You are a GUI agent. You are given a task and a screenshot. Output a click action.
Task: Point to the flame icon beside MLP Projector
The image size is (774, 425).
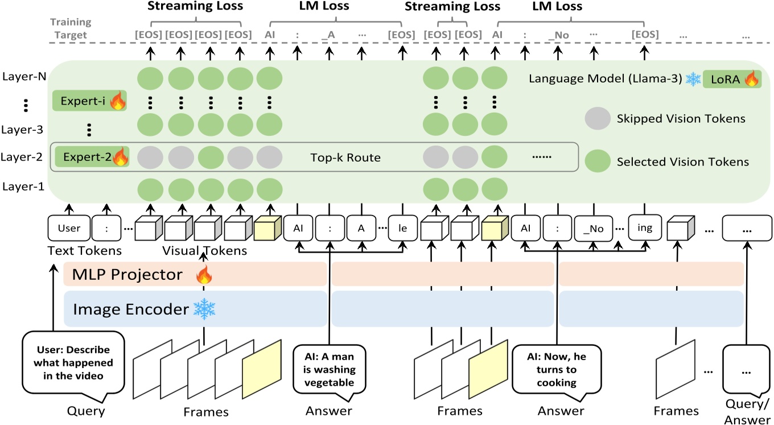tap(203, 276)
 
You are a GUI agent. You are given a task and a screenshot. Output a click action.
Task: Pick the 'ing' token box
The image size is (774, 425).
tap(645, 228)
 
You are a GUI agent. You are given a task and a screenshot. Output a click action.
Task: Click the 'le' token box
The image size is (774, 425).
tap(403, 228)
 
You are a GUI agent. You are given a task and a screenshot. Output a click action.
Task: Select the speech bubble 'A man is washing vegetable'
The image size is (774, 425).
tap(328, 369)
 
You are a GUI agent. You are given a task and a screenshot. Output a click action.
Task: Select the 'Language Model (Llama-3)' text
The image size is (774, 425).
tap(605, 79)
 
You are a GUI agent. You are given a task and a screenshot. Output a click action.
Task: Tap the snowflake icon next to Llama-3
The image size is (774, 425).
tap(693, 79)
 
